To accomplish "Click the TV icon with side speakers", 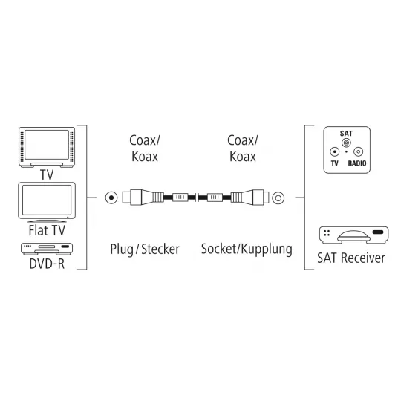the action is pos(47,147).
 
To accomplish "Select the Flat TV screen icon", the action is pos(47,202).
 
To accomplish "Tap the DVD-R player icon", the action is pos(47,249).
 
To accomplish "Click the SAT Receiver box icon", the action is pos(354,235).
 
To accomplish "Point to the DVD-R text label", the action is pos(47,264).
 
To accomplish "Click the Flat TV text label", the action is pos(47,230).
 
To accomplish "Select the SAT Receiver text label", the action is pos(351,258).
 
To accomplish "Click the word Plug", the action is pos(122,249).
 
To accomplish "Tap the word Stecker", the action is pos(160,249).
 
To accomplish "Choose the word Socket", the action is pos(218,249).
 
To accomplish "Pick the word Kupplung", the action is pos(267,249).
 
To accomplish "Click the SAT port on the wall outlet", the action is pos(346,143).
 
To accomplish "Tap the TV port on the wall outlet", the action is pos(335,151).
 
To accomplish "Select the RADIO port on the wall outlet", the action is pos(358,151).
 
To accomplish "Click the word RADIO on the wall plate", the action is pos(357,163).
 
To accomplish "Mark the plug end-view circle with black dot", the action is pos(111,198).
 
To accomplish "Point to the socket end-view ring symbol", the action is pos(278,198).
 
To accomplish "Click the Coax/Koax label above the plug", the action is pos(145,149).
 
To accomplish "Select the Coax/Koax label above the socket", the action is pos(243,149).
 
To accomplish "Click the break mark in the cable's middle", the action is pos(197,198).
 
